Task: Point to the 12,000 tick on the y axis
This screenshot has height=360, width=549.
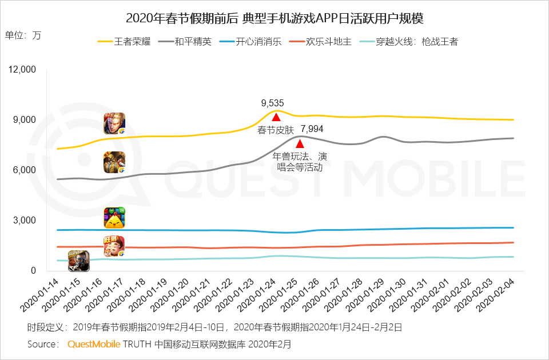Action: click(21, 70)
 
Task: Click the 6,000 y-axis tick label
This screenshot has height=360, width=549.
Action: click(24, 170)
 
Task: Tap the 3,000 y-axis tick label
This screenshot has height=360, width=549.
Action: click(24, 221)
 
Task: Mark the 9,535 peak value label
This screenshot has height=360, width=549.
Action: click(273, 103)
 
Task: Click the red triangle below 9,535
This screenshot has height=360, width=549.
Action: click(276, 117)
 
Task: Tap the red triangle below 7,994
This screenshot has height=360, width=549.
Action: click(300, 143)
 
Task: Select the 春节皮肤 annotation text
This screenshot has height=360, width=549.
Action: click(276, 130)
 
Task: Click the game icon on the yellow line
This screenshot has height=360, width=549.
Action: click(114, 123)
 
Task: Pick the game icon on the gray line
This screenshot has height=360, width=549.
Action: click(114, 163)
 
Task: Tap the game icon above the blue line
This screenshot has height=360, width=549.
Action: click(114, 217)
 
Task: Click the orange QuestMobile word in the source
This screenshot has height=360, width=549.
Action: click(94, 344)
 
